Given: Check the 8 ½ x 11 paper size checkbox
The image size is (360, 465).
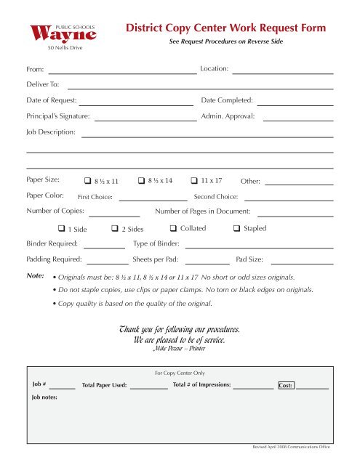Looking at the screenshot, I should pyautogui.click(x=87, y=181).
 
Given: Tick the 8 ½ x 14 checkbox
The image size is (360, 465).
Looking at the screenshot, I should pyautogui.click(x=141, y=180).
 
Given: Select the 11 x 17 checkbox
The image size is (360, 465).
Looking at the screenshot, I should pyautogui.click(x=194, y=180).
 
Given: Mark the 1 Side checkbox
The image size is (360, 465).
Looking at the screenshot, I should pyautogui.click(x=61, y=230).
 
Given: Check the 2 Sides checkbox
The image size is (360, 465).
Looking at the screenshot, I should pyautogui.click(x=115, y=230).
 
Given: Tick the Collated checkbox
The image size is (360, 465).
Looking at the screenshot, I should pyautogui.click(x=172, y=229).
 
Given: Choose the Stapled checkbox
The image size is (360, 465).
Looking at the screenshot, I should pyautogui.click(x=236, y=229).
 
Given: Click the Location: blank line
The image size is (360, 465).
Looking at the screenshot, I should pyautogui.click(x=282, y=73).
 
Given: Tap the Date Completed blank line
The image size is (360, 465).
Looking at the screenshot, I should pyautogui.click(x=295, y=105).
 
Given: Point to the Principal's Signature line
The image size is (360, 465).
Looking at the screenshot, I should pyautogui.click(x=145, y=121).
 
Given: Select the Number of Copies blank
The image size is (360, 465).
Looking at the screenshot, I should pyautogui.click(x=113, y=216).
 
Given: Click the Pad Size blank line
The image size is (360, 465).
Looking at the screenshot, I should pyautogui.click(x=302, y=263).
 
